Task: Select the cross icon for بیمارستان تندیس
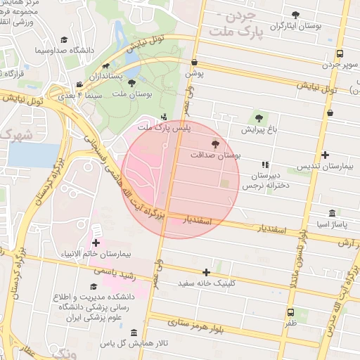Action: (x=324, y=155)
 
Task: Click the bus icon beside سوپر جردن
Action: (x=340, y=53)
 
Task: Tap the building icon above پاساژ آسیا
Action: (x=332, y=213)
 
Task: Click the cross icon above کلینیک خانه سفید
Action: (x=206, y=272)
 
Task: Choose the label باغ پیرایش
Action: (x=259, y=129)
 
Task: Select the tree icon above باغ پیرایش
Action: (x=259, y=117)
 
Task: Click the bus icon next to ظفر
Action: (x=290, y=314)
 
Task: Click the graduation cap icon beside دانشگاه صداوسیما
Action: (x=64, y=41)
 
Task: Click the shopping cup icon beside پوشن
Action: (x=193, y=62)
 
